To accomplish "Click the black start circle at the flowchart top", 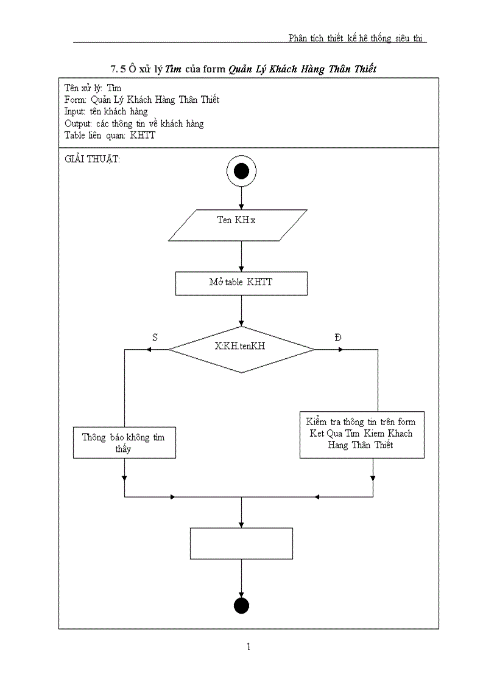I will pos(241,172).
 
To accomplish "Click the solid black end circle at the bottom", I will pos(241,606).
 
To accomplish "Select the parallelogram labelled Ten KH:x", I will pos(237,224).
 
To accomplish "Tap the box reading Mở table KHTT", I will pos(241,283).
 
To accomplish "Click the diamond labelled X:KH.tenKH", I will pos(242,349).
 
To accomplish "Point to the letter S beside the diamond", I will pos(155,337).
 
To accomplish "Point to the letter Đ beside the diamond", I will pos(339,337).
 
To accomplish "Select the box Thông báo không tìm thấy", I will pos(124,443).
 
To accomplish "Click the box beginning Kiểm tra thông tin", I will pos(362,433).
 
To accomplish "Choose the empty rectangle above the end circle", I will pos(241,543).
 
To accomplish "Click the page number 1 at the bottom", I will pos(248,647).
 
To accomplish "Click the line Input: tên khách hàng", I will pos(106,111).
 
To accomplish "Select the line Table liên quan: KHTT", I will pos(110,135).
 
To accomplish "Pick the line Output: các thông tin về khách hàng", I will pos(134,123).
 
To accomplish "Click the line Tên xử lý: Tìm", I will pos(93,88).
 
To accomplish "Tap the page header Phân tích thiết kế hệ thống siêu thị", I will pos(357,38).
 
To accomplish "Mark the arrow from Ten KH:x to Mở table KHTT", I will pos(241,255).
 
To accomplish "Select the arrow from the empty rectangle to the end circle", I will pos(241,578).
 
